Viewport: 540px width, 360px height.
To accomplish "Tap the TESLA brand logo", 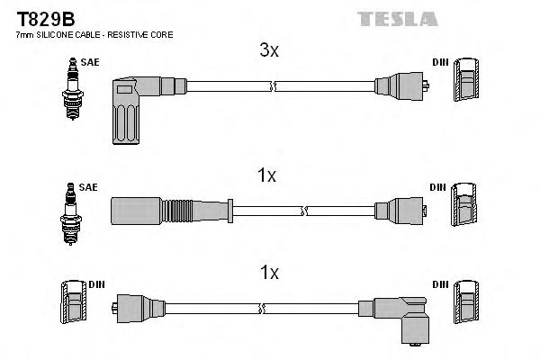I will pos(399,18).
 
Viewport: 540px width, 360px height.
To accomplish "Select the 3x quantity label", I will pos(269,51).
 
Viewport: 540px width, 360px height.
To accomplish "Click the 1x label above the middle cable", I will pos(266,176).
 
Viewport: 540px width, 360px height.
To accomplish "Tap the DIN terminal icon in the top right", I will pos(466,83).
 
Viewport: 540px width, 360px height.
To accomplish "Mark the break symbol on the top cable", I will pos(273,86).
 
